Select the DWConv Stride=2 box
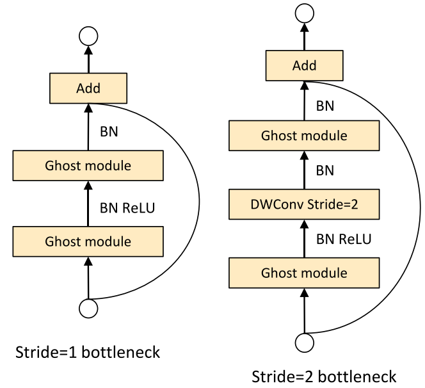coord(305,205)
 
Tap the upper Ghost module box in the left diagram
coord(89,166)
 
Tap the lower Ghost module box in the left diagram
coord(89,241)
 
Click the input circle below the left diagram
coord(89,308)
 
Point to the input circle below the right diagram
coord(305,343)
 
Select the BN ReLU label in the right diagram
coord(344,239)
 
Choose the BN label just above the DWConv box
coord(326,171)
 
